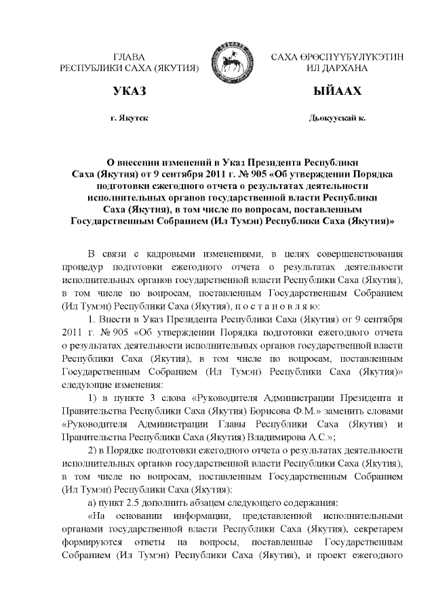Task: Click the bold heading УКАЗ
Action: tap(130, 91)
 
